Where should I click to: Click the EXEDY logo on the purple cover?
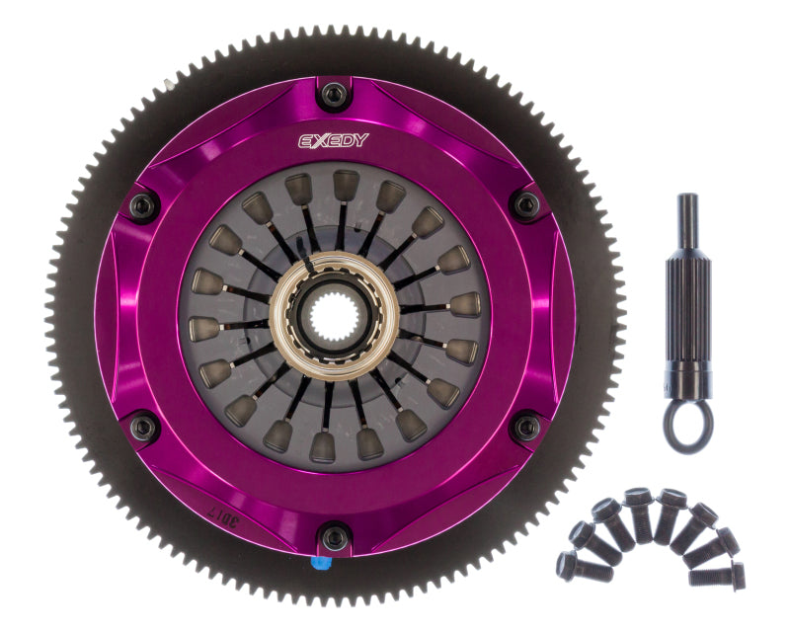(x=334, y=139)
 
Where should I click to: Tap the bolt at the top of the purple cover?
(x=336, y=95)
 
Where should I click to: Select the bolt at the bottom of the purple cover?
(x=336, y=538)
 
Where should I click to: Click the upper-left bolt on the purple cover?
(x=144, y=206)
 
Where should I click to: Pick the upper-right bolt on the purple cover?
(x=526, y=205)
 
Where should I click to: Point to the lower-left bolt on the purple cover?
(x=144, y=427)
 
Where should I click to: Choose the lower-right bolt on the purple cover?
(x=526, y=427)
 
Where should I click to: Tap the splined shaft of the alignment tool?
(x=687, y=296)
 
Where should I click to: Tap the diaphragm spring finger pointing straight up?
(x=346, y=188)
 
